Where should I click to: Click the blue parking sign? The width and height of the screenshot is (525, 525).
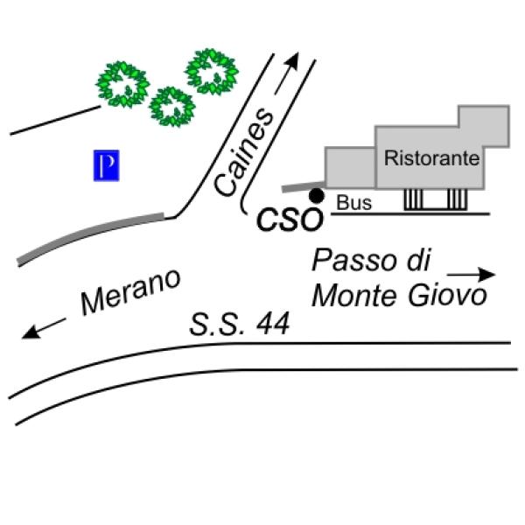tap(106, 165)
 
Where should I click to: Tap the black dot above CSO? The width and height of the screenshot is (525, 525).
tap(317, 196)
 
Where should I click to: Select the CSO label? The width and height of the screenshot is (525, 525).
tap(290, 220)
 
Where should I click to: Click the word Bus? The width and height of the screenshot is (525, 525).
tap(353, 203)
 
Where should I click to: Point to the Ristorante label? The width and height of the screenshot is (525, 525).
tap(431, 158)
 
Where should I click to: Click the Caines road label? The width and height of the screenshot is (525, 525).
tap(243, 152)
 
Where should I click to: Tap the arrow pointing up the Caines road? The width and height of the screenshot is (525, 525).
tap(287, 73)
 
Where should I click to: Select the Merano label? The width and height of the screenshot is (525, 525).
tap(130, 291)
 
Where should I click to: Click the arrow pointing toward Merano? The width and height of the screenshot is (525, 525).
tap(44, 328)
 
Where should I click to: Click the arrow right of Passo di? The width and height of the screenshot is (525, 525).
tap(471, 275)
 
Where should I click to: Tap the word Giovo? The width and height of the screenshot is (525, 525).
tap(447, 296)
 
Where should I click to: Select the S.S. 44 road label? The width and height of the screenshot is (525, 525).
tap(240, 324)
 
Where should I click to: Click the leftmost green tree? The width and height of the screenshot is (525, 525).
tap(122, 84)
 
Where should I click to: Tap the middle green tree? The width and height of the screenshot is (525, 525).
tap(172, 107)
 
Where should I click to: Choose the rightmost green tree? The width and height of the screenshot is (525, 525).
tap(212, 72)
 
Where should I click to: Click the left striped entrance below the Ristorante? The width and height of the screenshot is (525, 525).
tap(413, 199)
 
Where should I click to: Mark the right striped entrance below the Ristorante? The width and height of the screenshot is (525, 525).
tap(458, 199)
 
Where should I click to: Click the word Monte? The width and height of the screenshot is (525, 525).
tap(357, 296)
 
